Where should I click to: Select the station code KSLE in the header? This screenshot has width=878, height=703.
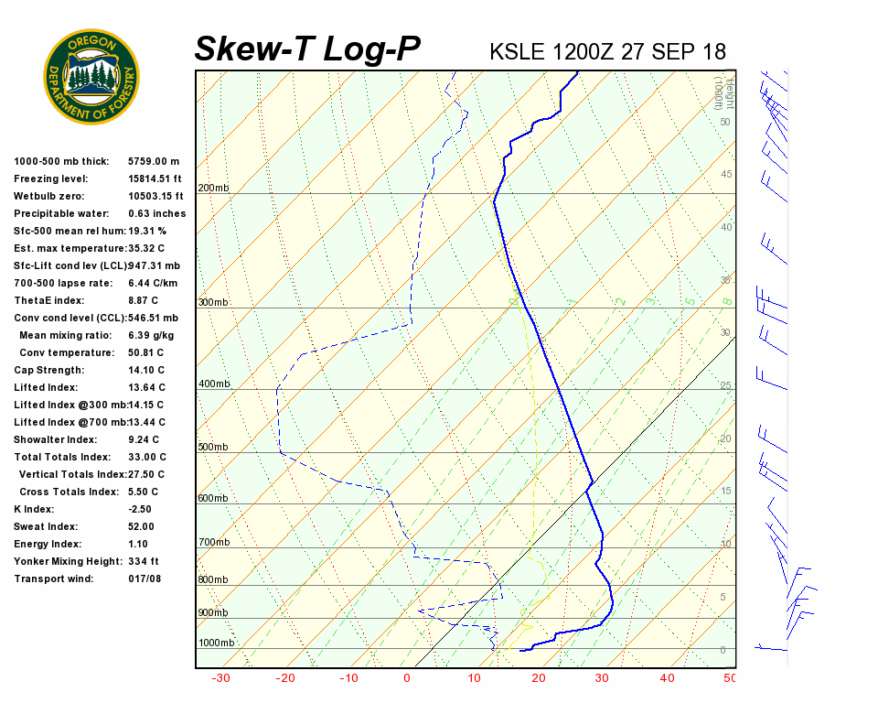pos(519,51)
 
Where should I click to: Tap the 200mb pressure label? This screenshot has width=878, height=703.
pos(213,189)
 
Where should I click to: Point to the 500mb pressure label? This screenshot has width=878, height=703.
pos(213,448)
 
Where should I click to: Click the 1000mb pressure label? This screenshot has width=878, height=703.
pos(216,644)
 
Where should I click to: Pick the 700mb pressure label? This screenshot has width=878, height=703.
pos(213,543)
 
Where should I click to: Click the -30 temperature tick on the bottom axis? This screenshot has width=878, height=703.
pos(219,678)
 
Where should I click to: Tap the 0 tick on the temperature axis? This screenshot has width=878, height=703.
pos(407,678)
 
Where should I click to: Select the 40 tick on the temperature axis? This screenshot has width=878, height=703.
pos(666,678)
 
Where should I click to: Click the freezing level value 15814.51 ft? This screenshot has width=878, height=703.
pos(155,178)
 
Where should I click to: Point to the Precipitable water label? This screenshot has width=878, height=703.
pos(60,213)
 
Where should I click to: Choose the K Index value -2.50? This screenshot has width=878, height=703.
pos(142,509)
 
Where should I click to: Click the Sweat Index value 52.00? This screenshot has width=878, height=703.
pos(141,526)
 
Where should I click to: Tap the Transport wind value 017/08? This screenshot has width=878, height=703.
pos(145,579)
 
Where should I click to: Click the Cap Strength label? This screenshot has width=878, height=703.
pos(48,370)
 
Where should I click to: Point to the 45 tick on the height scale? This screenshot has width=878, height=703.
pos(726,174)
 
